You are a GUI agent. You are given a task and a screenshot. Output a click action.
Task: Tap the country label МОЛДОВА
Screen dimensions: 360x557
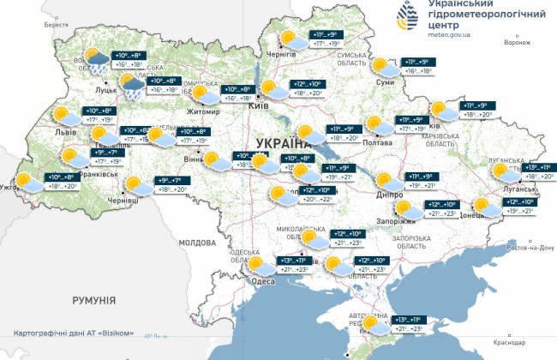[x=199, y=243]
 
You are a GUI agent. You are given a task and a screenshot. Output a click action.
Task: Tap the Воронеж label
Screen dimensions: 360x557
[x=518, y=42]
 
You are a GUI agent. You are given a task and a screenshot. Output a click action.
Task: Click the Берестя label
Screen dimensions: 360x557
[x=57, y=26]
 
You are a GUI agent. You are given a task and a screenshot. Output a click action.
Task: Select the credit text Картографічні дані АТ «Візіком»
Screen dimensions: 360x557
[x=74, y=332]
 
